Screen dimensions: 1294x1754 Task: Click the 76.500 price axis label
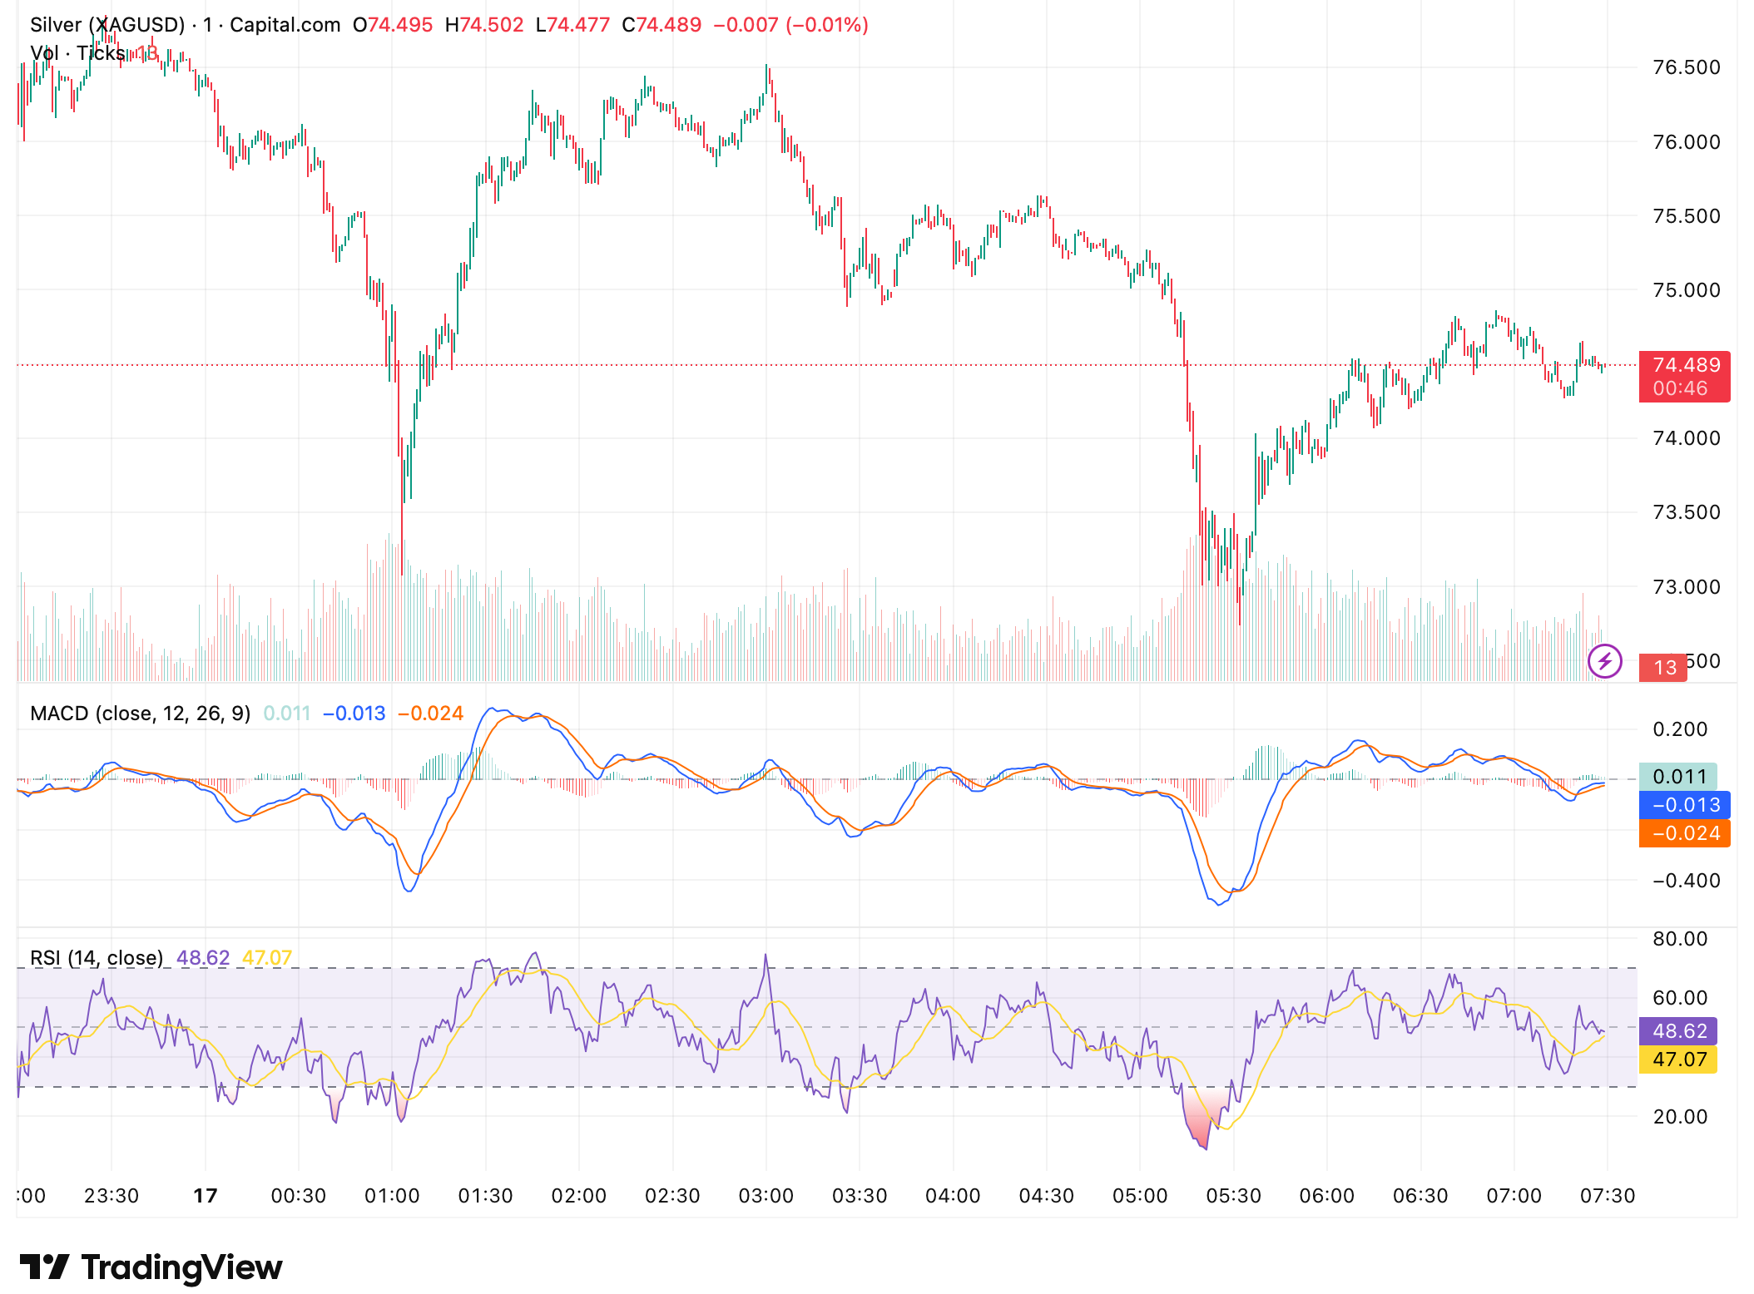click(1686, 67)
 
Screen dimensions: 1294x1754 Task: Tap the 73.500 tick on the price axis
click(1686, 512)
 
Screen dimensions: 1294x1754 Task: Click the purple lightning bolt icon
click(1604, 662)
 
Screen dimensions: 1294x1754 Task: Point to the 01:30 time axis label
click(485, 1196)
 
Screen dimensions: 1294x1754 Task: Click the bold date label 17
click(205, 1196)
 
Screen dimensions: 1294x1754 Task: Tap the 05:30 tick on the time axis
click(1233, 1196)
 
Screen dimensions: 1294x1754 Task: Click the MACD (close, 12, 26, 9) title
click(140, 714)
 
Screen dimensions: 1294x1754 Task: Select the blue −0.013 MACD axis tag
click(1684, 805)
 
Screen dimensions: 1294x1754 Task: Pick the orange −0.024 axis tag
click(1684, 833)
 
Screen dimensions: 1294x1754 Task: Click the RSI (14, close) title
click(97, 958)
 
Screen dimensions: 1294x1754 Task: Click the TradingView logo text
click(181, 1267)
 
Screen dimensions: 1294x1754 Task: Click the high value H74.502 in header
click(484, 25)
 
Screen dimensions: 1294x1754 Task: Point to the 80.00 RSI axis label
click(1680, 939)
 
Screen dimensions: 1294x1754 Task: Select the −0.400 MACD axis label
click(1685, 881)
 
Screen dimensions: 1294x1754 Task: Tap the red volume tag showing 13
click(1663, 668)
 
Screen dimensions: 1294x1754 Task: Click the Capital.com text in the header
click(285, 25)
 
